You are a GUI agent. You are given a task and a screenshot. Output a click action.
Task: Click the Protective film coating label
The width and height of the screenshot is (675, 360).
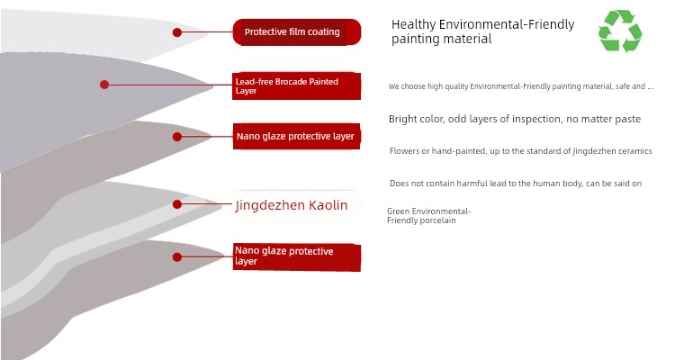tap(297, 31)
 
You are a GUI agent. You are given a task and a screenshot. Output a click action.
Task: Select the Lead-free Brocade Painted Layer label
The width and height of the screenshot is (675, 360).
tap(297, 86)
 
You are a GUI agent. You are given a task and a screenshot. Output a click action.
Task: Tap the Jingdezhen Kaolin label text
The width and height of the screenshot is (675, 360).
tap(292, 205)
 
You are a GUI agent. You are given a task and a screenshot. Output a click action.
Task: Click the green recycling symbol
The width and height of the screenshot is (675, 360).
tap(620, 31)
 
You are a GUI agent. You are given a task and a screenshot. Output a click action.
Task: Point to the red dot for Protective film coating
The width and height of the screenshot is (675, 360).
tap(177, 32)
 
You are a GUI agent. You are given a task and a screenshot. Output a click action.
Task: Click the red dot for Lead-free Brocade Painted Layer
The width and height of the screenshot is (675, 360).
tap(104, 85)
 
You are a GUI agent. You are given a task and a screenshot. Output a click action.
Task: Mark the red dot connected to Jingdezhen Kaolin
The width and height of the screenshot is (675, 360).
tap(177, 204)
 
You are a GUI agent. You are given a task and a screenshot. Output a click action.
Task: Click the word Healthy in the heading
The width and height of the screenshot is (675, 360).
tap(413, 24)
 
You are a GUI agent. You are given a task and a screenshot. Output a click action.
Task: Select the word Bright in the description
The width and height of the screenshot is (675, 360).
tap(402, 120)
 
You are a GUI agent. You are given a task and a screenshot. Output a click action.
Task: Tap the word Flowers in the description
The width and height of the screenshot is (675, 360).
tap(405, 151)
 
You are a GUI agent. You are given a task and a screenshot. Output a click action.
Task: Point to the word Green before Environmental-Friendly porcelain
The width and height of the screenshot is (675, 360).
tap(398, 211)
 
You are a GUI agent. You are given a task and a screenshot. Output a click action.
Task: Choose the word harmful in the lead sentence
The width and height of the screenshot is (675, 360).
tap(472, 184)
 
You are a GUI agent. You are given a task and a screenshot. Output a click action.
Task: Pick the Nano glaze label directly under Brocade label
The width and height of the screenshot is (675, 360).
tap(297, 137)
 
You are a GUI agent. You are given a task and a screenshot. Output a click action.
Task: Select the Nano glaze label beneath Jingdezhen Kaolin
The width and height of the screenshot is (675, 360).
tap(297, 257)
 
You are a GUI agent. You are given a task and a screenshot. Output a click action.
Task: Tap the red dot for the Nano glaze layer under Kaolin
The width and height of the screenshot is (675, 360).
tap(177, 257)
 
